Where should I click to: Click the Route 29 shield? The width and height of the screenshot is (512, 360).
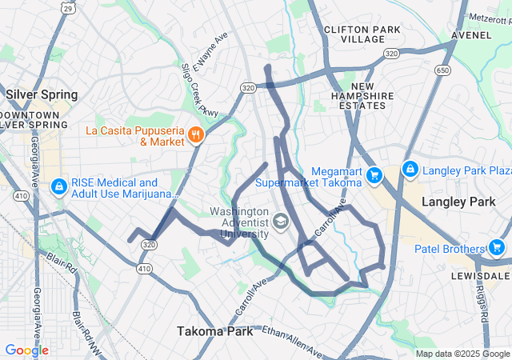[70, 7]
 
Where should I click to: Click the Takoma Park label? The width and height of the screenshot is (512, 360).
[215, 331]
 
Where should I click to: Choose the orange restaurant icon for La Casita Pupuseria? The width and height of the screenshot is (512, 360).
[194, 134]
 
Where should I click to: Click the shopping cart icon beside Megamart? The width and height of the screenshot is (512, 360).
[373, 174]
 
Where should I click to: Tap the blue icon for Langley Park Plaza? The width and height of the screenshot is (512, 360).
[410, 170]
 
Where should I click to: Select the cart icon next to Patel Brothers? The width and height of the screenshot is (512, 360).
[496, 248]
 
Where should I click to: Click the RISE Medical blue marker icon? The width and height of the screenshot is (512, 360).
[58, 187]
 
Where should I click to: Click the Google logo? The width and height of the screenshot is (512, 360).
[27, 350]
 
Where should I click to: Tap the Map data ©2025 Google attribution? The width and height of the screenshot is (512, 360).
[462, 354]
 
